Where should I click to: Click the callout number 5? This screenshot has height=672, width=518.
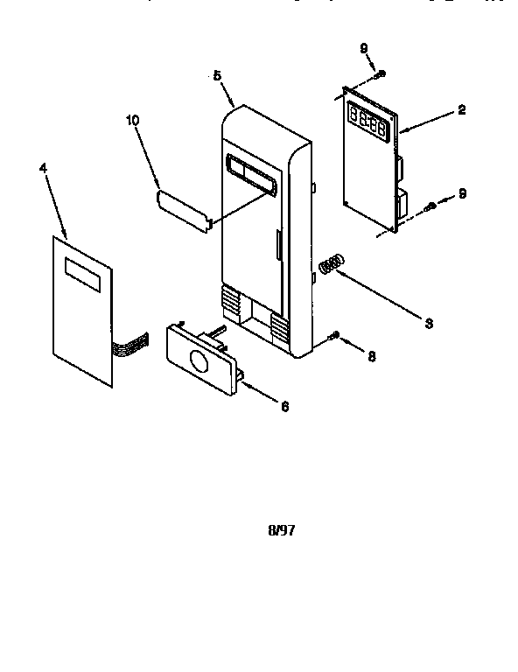[217, 75]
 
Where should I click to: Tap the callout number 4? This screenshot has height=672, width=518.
[44, 167]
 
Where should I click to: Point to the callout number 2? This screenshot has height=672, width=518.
[461, 110]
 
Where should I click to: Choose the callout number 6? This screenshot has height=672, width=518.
[283, 406]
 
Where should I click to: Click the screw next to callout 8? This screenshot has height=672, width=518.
[335, 335]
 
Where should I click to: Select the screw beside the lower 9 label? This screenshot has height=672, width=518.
[430, 207]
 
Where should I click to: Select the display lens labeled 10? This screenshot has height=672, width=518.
[185, 210]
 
